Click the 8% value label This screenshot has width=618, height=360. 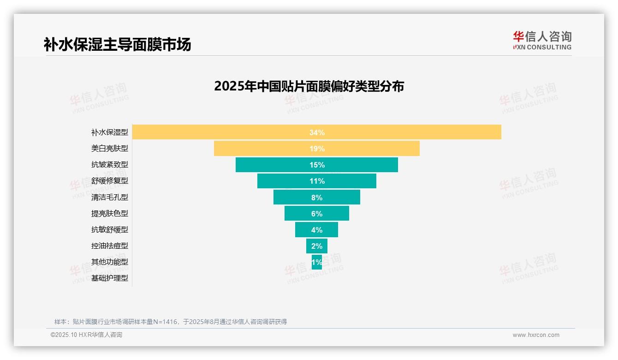pos(317,198)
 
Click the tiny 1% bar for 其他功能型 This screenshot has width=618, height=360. pos(317,262)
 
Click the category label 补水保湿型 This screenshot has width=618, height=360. pos(109,132)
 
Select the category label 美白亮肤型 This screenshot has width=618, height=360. pos(109,149)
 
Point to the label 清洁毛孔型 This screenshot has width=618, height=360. pos(109,197)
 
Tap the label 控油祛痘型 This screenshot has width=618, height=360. pos(109,246)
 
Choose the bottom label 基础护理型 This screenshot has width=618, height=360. pos(109,278)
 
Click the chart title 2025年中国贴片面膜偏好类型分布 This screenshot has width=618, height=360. pos(309,86)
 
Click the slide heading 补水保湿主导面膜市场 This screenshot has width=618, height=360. pos(117,45)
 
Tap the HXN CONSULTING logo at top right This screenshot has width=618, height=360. pos(542,41)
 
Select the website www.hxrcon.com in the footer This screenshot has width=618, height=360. pos(536,335)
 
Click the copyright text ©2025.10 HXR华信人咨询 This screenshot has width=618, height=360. pos(86,335)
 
